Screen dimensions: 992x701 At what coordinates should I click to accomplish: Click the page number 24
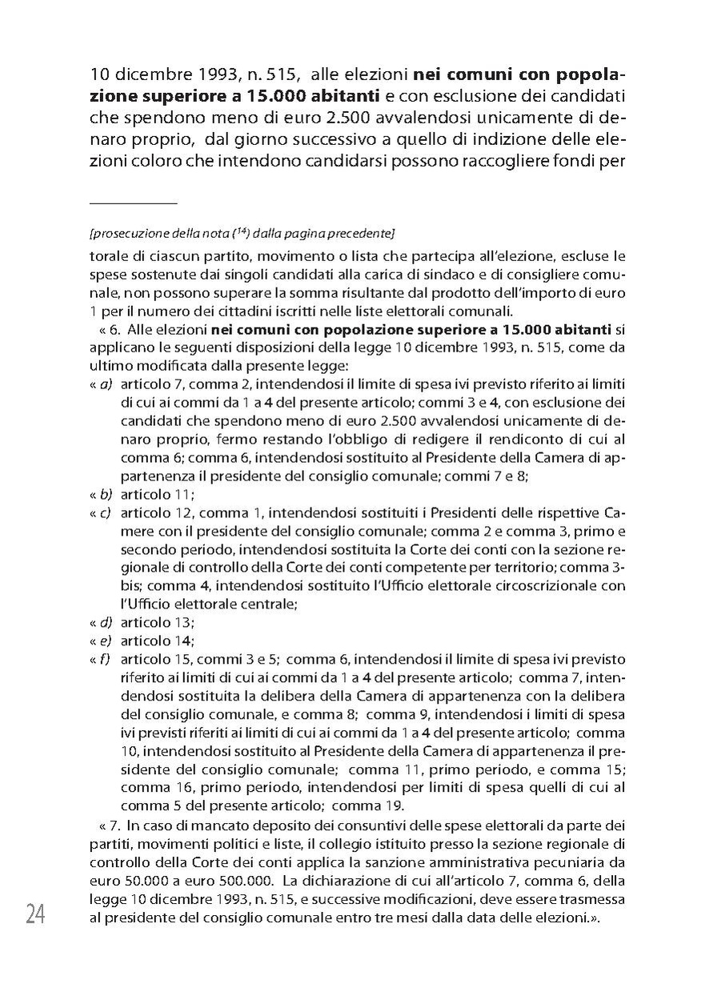[x=34, y=914]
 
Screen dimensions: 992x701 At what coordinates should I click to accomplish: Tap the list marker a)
[x=104, y=385]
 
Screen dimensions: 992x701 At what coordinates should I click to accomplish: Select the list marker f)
[x=104, y=660]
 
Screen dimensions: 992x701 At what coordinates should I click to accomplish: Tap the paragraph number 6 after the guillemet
[x=114, y=331]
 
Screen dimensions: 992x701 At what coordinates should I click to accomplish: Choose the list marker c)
[x=104, y=512]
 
